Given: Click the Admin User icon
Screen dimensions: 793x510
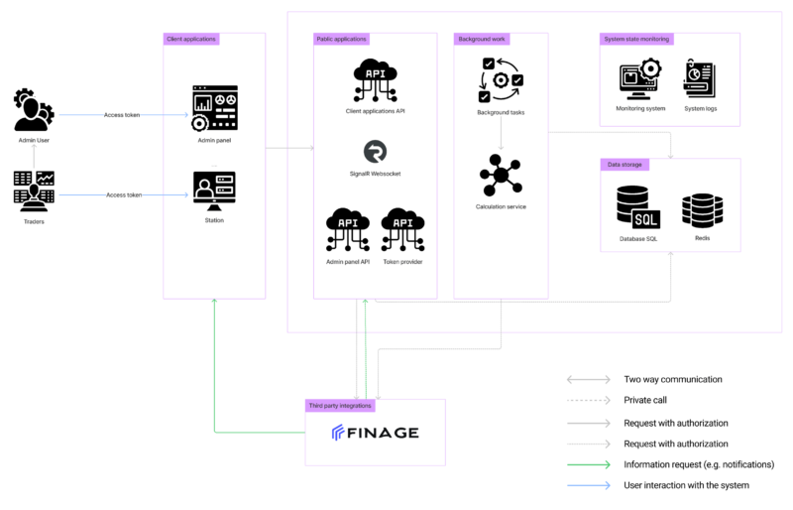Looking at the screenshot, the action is pos(34,110).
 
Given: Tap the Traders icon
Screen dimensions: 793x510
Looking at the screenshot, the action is pos(34,191).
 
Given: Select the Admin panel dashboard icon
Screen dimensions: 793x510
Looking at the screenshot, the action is pos(214,108).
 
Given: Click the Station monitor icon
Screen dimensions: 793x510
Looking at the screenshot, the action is pos(214,191).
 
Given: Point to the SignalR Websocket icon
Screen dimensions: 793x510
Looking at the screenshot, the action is pos(376,152).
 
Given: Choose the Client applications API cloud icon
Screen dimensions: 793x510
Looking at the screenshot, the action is pos(376,80).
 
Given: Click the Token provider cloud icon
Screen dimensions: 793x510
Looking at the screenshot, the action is pos(402,229).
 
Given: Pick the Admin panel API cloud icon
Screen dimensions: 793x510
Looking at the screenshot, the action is pos(348,229).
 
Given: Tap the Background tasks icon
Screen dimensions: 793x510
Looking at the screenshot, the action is pos(501,80).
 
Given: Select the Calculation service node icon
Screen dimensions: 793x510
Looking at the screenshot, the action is pos(501,176).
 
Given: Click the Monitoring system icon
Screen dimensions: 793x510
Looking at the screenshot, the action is pos(640,79).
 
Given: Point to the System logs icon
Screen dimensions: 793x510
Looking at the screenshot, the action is pos(700,78).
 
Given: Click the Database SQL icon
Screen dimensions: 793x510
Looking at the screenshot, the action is pos(638,207).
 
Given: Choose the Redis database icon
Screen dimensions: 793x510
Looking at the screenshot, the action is pos(702,210).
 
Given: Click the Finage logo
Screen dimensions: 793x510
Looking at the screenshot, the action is pos(376,433).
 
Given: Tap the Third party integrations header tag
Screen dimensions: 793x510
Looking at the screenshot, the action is pos(340,406).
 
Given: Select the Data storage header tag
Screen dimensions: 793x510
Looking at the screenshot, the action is pos(624,165).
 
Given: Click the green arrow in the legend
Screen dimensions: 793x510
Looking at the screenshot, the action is pos(589,464).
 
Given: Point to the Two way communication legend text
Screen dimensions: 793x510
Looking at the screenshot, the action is pos(673,379).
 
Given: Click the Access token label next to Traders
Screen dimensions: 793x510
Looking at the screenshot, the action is pos(124,195).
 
